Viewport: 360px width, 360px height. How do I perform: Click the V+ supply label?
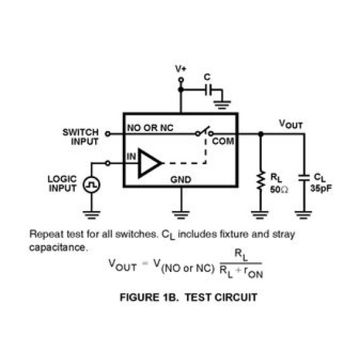click(181, 68)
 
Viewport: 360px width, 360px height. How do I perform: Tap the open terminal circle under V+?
click(181, 80)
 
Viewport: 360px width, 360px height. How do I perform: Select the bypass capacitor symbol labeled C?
click(209, 89)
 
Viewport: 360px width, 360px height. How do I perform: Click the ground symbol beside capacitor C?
click(222, 105)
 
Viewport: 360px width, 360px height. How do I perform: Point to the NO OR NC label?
click(150, 128)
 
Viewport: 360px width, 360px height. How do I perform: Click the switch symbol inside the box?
click(204, 132)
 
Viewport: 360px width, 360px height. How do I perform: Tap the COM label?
click(223, 141)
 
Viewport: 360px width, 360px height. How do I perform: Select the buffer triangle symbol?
click(150, 164)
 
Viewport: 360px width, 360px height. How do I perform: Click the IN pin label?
click(131, 157)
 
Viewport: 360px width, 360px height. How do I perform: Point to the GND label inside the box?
click(181, 179)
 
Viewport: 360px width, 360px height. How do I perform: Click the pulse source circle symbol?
click(91, 184)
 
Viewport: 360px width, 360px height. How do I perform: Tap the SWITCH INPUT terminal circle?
click(108, 134)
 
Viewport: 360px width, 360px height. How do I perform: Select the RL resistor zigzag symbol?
click(260, 181)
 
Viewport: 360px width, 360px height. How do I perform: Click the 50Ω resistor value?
click(279, 190)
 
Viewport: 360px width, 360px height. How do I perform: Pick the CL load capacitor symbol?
click(304, 177)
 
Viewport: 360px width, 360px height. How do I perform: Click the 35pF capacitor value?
click(321, 188)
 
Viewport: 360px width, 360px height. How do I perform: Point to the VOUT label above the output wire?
click(291, 124)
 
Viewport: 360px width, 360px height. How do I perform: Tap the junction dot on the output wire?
click(260, 134)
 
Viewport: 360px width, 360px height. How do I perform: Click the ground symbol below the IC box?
click(181, 215)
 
